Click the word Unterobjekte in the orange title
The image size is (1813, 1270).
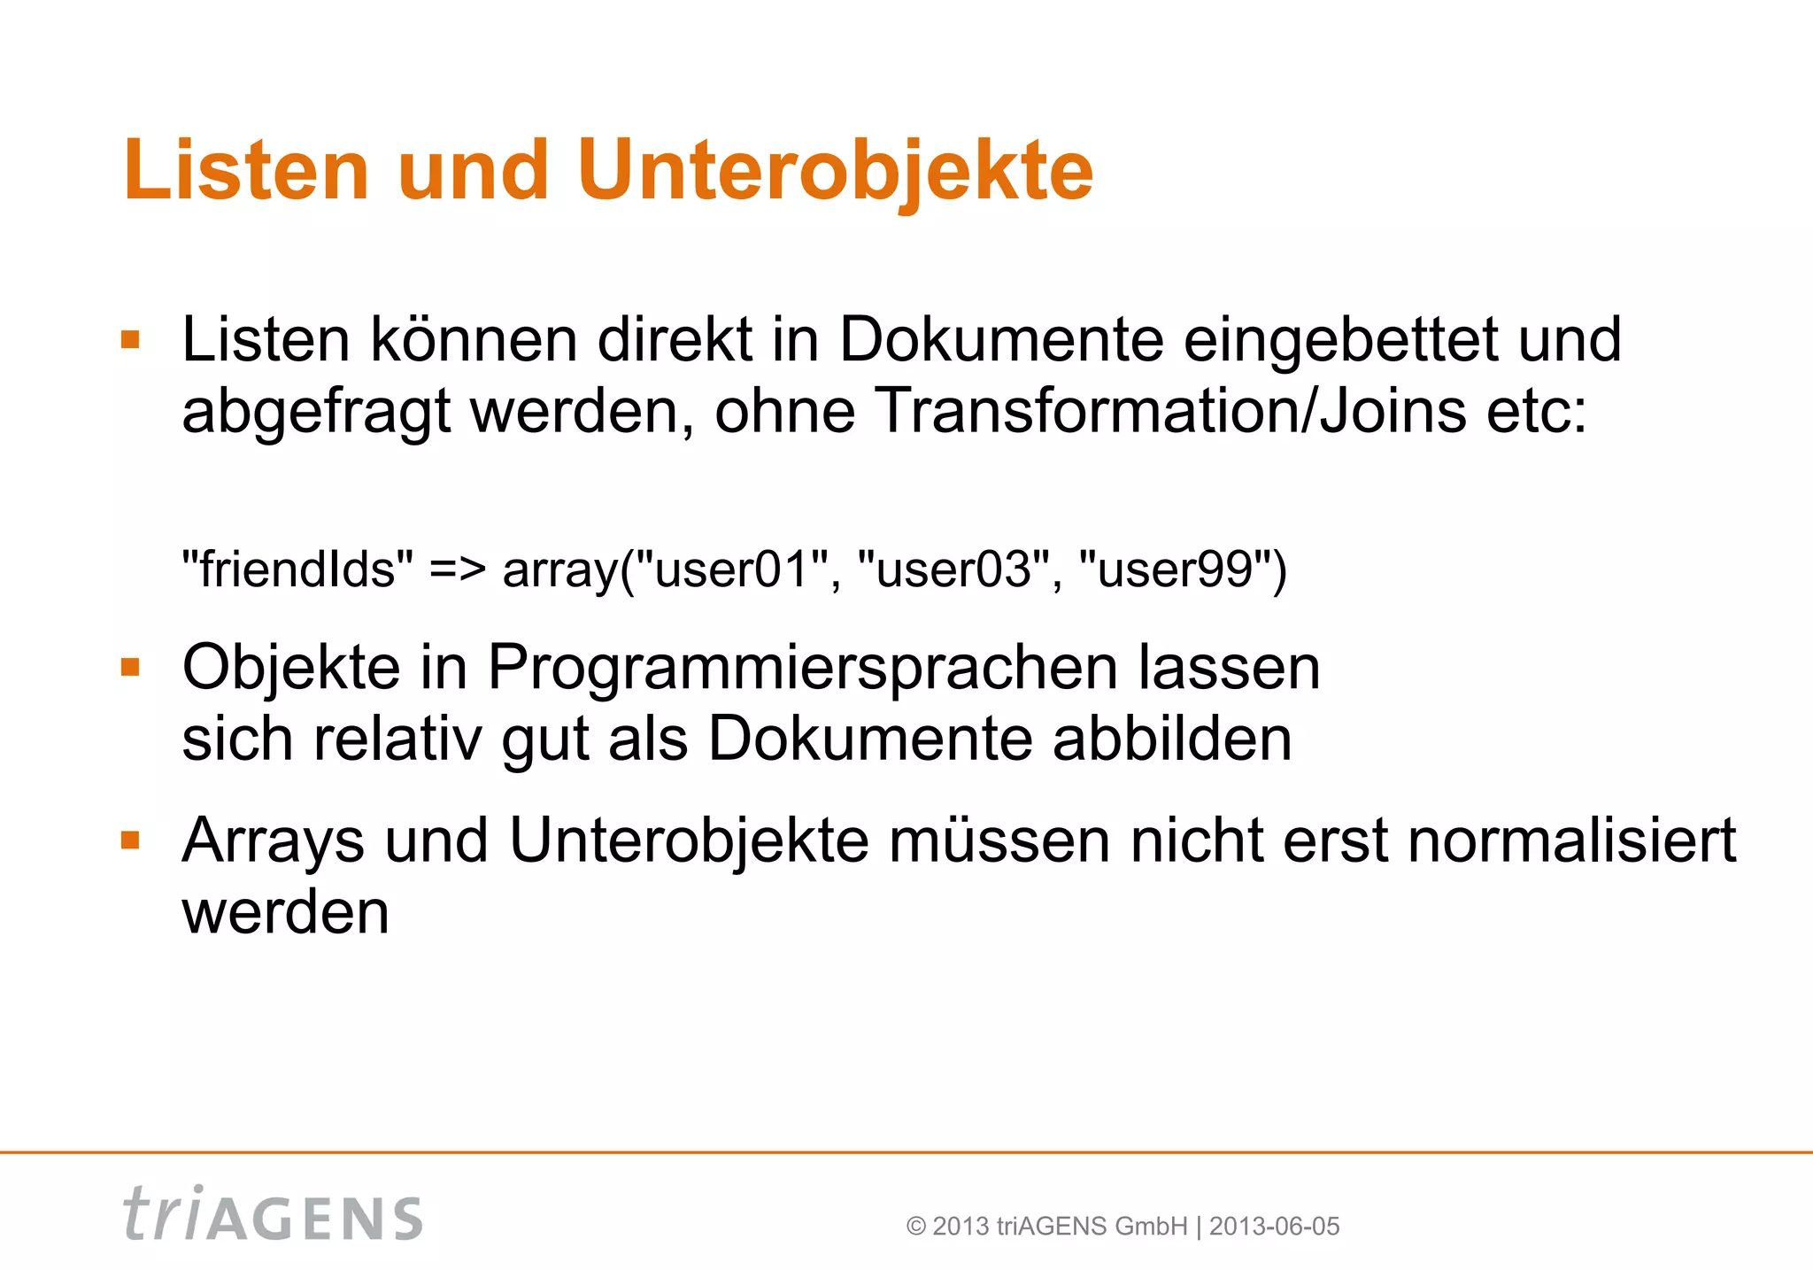click(835, 170)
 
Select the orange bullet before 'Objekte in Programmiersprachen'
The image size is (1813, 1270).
click(131, 667)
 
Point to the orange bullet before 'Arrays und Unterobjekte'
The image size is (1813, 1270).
click(131, 840)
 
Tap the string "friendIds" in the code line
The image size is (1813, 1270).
click(297, 569)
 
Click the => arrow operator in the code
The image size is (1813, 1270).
click(457, 569)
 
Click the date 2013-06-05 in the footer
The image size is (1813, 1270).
click(1274, 1227)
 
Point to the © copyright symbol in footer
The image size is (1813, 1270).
click(915, 1227)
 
